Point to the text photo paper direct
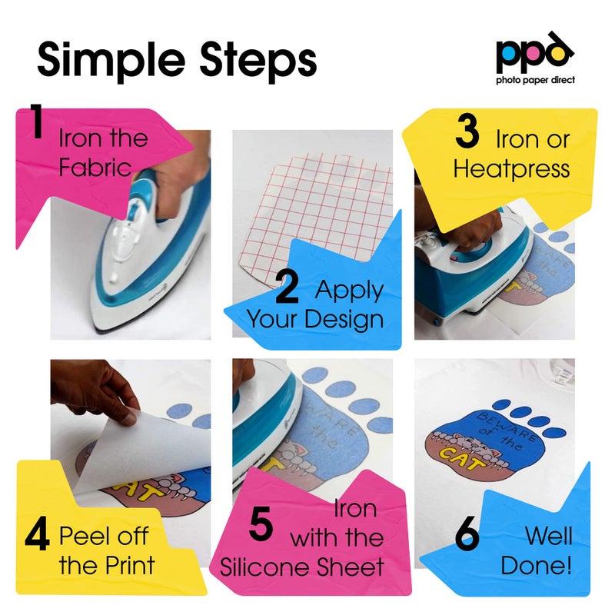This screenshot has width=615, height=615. [535, 80]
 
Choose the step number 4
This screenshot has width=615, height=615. [37, 537]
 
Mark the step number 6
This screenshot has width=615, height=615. [467, 536]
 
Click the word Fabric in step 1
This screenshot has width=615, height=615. [95, 167]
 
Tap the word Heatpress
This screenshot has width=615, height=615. [511, 168]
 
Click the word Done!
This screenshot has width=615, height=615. [536, 567]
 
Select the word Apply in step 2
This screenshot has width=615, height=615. [349, 290]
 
